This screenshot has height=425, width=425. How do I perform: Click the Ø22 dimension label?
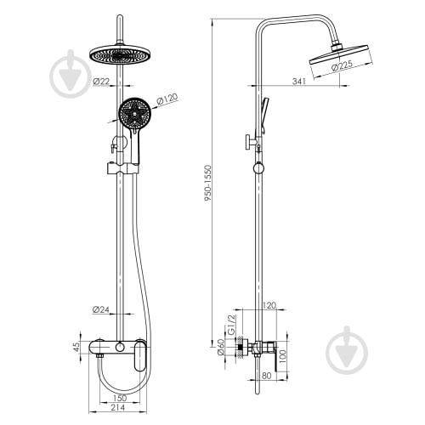(x=101, y=82)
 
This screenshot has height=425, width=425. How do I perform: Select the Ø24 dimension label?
(x=101, y=309)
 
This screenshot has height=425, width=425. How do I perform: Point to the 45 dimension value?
(x=76, y=348)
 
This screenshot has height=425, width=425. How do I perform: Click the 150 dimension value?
(x=119, y=398)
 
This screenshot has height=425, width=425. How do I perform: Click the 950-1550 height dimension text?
(x=208, y=183)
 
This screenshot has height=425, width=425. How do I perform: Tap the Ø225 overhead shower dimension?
(x=342, y=65)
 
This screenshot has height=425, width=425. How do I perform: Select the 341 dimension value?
(x=299, y=82)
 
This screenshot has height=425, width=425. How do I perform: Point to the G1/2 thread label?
(x=232, y=325)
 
